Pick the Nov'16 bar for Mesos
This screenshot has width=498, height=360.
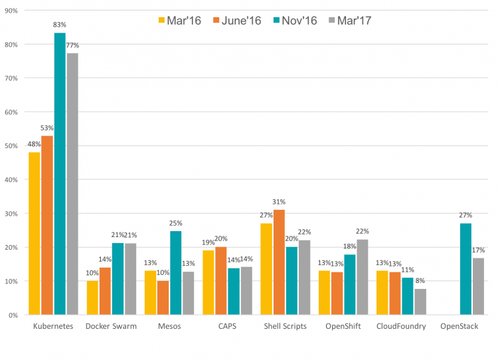pyautogui.click(x=176, y=273)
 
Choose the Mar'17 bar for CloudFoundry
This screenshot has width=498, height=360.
pyautogui.click(x=420, y=302)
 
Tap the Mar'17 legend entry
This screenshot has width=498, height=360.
pyautogui.click(x=349, y=20)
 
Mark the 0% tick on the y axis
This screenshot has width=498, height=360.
pyautogui.click(x=13, y=315)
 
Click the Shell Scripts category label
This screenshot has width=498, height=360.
pyautogui.click(x=285, y=327)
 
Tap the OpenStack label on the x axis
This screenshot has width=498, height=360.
pyautogui.click(x=459, y=327)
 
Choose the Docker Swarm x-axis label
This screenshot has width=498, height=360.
pyautogui.click(x=111, y=327)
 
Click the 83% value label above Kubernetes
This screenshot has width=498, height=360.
pyautogui.click(x=60, y=25)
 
